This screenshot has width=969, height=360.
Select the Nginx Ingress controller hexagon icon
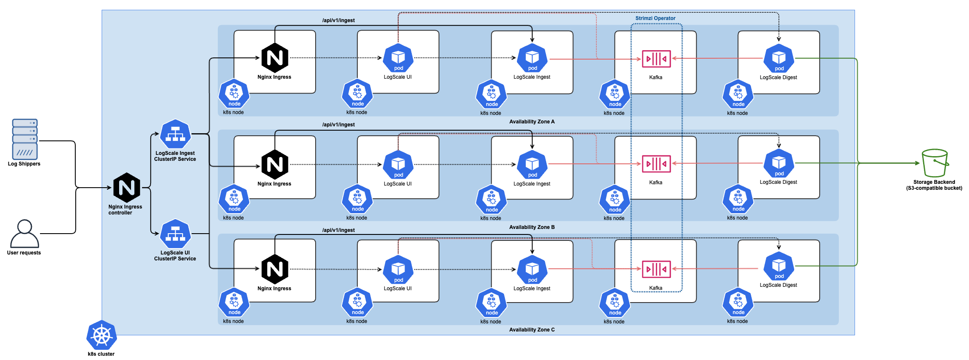point(127,188)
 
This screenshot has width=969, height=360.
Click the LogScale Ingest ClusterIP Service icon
point(175,134)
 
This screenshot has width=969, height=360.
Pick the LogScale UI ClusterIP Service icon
point(175,234)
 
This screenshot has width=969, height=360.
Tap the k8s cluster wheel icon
point(102,335)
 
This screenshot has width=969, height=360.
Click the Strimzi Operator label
point(655,18)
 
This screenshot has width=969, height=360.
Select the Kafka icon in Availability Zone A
point(656,59)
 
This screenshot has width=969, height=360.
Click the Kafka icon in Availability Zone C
point(656,269)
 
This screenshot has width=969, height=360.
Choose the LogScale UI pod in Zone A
point(398,58)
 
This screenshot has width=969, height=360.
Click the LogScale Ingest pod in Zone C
point(532,269)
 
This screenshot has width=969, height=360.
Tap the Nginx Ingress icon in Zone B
point(275,164)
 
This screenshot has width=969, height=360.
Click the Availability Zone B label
point(532,227)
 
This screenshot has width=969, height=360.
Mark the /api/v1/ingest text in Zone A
point(338,20)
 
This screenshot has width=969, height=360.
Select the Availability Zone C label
point(532,330)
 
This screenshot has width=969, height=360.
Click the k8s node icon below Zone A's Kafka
point(615,94)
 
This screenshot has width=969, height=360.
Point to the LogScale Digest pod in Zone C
point(778,266)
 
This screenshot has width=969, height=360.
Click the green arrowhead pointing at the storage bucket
point(917,163)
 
